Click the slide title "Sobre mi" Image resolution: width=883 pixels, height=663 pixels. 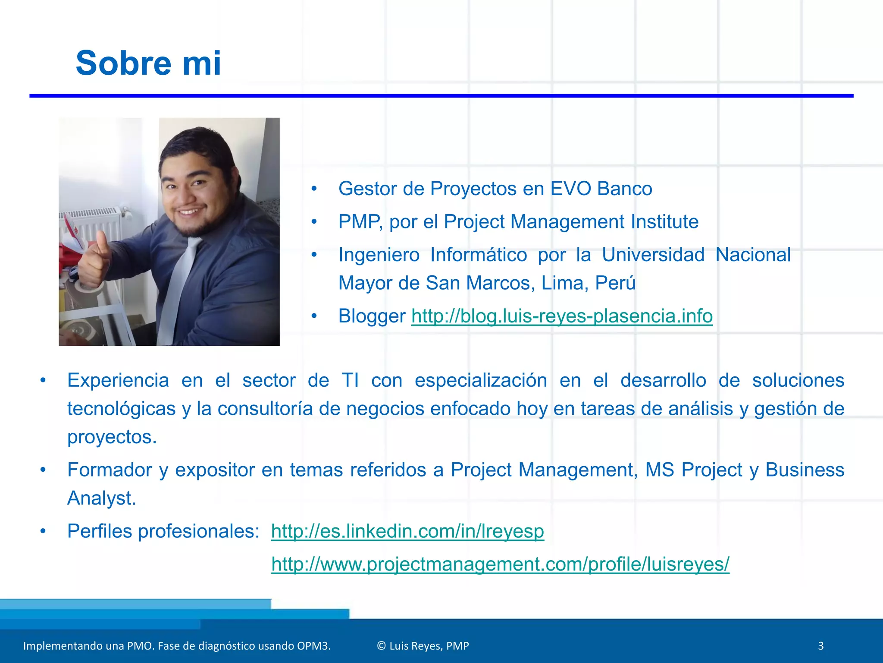tap(148, 63)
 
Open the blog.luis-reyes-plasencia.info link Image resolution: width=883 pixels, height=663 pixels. tap(561, 316)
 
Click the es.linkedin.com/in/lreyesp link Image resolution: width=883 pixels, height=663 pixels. tap(407, 531)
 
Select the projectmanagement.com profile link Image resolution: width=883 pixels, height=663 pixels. tap(500, 564)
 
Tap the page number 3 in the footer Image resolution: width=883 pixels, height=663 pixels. tap(820, 646)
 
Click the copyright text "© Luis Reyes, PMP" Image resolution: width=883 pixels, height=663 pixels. tap(423, 646)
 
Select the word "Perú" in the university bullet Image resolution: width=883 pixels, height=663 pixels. tap(615, 283)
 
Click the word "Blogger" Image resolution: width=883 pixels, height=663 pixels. tap(372, 316)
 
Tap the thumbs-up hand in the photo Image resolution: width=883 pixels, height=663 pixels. tap(95, 259)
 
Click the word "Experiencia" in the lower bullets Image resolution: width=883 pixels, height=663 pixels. tap(118, 380)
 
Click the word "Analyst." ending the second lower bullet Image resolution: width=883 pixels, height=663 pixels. tap(102, 498)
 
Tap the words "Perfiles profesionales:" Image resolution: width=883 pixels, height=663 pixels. tap(163, 531)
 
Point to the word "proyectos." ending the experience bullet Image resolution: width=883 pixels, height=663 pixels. tap(112, 437)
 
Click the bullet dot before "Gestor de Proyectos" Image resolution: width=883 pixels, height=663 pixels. tap(314, 189)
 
